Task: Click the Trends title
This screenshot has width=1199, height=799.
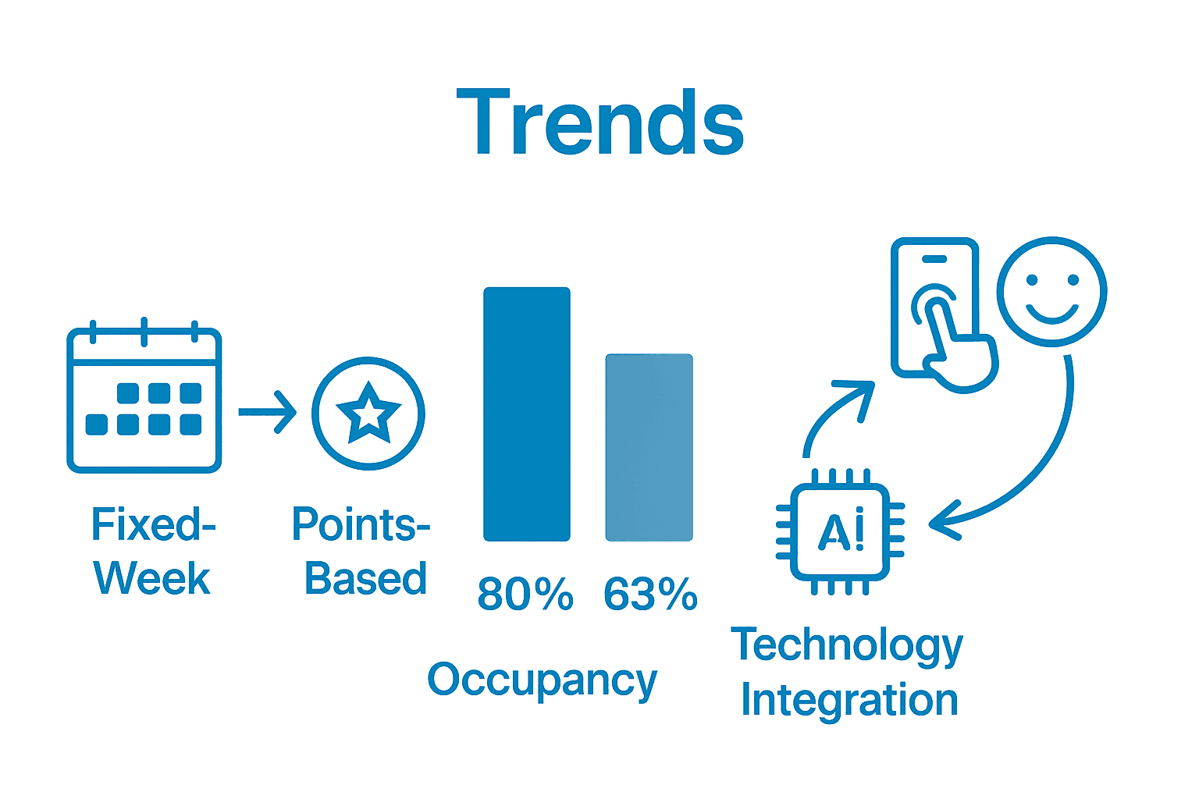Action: point(599,123)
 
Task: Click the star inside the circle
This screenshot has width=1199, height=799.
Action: point(368,413)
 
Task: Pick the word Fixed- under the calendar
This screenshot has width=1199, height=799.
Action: point(153,524)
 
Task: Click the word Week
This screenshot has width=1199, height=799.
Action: point(152,579)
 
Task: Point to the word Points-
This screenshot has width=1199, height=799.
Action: point(361,524)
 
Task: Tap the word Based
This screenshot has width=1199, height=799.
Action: point(365,579)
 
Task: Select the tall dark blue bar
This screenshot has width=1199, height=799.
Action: point(527,414)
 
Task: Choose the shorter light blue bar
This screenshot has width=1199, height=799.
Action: point(649,447)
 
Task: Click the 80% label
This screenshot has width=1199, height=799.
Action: point(525,595)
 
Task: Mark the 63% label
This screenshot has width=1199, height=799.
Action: point(650,595)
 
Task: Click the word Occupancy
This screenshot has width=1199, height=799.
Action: point(543,680)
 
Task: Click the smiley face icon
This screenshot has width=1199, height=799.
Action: point(1051,291)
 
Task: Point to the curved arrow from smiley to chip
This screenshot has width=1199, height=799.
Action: point(1038,468)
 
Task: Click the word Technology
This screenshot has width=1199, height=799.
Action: point(847,646)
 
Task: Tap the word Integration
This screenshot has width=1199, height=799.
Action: point(849,700)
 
